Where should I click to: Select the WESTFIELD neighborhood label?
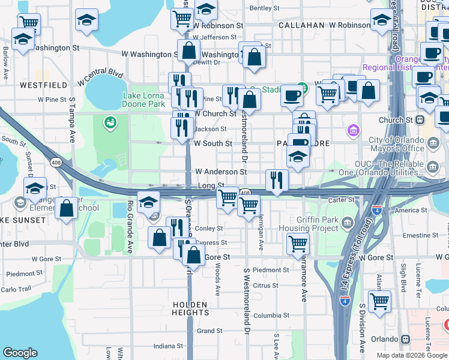(43, 85)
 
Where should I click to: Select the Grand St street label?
(209, 331)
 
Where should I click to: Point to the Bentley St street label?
(264, 8)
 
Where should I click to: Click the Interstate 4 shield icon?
(344, 301)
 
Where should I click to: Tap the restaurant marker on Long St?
(277, 181)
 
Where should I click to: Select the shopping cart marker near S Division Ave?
(379, 301)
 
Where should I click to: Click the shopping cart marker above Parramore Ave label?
(298, 244)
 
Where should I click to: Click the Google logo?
(20, 353)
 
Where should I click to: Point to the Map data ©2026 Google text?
(412, 355)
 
